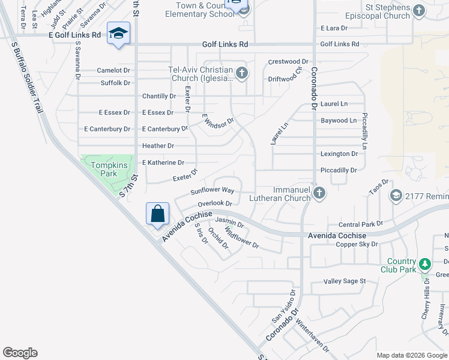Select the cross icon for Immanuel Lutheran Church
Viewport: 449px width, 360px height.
(319, 193)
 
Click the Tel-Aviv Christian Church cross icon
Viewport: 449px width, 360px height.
(242, 74)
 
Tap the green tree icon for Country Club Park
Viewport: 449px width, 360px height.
(425, 263)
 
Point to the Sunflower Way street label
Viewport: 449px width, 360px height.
(212, 191)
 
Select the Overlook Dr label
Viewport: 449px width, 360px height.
(214, 203)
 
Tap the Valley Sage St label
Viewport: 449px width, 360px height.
(345, 281)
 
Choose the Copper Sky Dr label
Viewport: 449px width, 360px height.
(357, 244)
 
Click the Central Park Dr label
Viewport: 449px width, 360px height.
(360, 224)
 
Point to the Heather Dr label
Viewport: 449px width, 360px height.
(158, 146)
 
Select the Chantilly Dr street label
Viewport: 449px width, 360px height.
(159, 96)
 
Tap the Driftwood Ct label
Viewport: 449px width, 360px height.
(288, 79)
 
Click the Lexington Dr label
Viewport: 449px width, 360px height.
(339, 154)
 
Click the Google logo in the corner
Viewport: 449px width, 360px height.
(20, 353)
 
